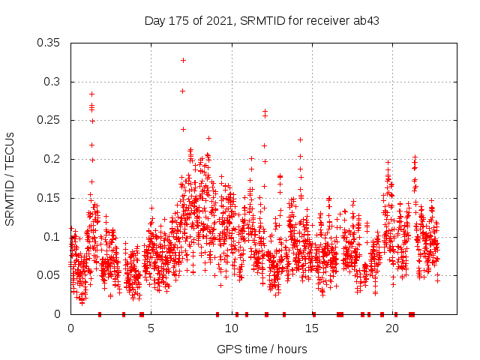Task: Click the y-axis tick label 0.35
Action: (x=51, y=43)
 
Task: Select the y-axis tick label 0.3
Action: (x=54, y=82)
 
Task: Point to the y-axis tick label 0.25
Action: (x=51, y=120)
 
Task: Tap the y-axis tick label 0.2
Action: (x=54, y=159)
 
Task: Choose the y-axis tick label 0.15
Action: (x=51, y=198)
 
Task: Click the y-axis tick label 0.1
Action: (x=54, y=236)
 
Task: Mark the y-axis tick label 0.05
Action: (x=51, y=275)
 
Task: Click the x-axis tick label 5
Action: (x=151, y=328)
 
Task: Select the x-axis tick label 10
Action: (x=232, y=328)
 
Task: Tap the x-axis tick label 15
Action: (x=312, y=328)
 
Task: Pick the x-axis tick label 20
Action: (x=392, y=328)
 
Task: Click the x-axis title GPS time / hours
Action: (x=262, y=349)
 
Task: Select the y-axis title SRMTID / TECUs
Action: (x=10, y=178)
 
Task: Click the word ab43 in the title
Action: (x=365, y=21)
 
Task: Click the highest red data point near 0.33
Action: (x=183, y=60)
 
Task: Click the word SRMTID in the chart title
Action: (x=259, y=21)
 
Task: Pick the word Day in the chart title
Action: (x=155, y=21)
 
